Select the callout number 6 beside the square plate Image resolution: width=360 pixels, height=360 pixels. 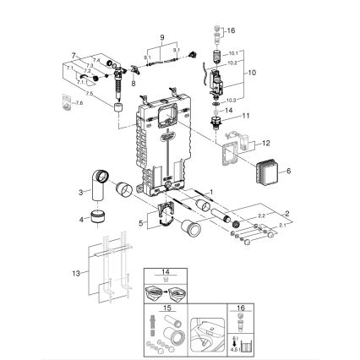(289, 171)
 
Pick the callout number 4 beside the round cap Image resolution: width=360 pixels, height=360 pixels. (81, 220)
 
